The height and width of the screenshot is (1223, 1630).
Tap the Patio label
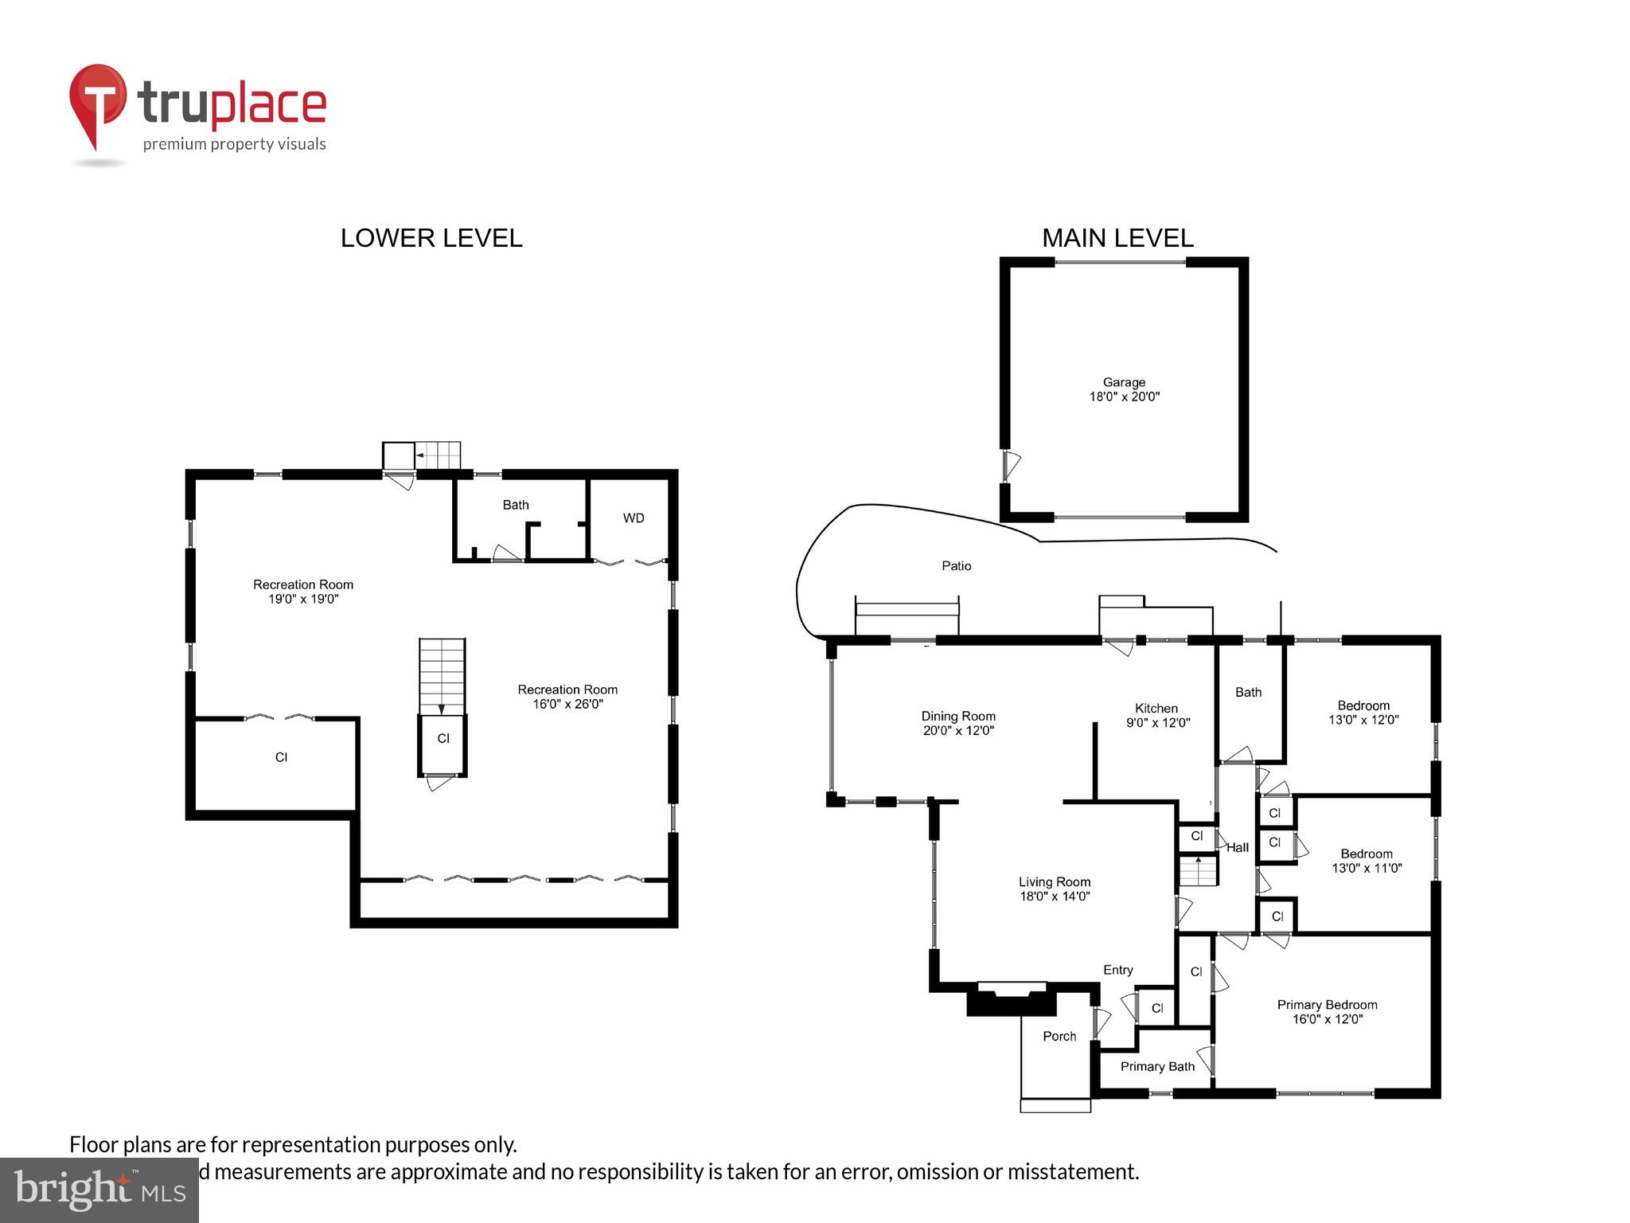(x=956, y=566)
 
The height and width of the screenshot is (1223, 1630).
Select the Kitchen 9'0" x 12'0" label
(x=1157, y=716)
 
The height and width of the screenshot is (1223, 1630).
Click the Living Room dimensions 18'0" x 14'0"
(x=1055, y=897)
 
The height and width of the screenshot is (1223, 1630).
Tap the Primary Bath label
(x=1157, y=1067)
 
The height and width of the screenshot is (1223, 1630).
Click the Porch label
(x=1059, y=1037)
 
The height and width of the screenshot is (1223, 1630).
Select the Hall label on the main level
(x=1237, y=848)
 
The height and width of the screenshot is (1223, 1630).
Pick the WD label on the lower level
(x=634, y=518)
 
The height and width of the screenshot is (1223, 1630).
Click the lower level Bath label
(x=516, y=505)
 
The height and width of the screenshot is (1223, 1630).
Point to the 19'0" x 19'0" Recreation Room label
(x=303, y=592)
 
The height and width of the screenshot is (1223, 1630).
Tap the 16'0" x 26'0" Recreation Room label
(x=567, y=697)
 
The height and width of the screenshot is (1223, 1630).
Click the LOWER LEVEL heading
(x=431, y=238)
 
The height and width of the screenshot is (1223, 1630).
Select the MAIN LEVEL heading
(x=1117, y=238)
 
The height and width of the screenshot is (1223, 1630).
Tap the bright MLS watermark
(x=99, y=1190)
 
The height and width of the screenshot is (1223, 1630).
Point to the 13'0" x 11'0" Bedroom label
(x=1367, y=861)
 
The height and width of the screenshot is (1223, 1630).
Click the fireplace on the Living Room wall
(x=1012, y=999)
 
